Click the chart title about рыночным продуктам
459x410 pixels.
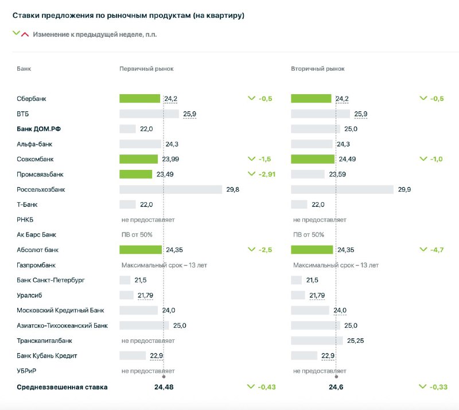point(128,16)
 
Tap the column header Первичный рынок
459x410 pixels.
point(146,68)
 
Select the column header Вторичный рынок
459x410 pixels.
point(318,68)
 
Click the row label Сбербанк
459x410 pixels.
point(32,99)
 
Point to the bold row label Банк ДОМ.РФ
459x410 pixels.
point(38,129)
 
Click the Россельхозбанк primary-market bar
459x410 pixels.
point(170,189)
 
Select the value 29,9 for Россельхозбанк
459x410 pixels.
point(404,189)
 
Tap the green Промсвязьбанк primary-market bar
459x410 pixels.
point(135,174)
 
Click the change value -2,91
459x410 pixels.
point(267,175)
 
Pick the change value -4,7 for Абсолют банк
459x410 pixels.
point(437,250)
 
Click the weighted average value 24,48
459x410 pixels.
point(164,387)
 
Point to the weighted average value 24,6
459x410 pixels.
point(336,387)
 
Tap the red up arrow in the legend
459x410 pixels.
point(25,34)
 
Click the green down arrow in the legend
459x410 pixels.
point(16,33)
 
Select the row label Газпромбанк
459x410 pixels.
point(36,265)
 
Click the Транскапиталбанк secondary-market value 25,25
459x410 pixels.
point(355,341)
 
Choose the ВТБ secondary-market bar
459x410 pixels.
point(320,114)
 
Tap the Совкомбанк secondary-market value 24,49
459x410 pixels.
point(347,159)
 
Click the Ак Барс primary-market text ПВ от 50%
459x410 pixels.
point(137,235)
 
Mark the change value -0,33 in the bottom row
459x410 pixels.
point(438,387)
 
